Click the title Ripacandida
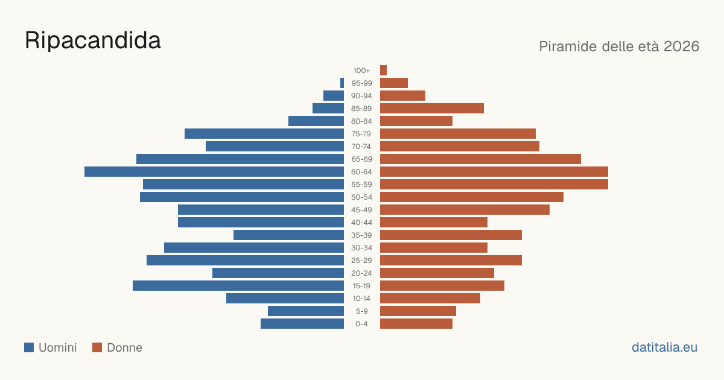pos(93,40)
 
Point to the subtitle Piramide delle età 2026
pos(619,46)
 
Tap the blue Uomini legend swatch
pos(29,347)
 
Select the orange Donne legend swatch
pos(97,347)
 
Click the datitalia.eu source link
pos(664,347)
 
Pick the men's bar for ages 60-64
pos(214,171)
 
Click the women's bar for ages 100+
pos(383,70)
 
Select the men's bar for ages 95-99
pos(342,83)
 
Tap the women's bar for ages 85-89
pos(432,108)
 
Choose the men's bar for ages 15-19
pos(238,286)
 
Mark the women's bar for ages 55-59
pos(494,184)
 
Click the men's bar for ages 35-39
pos(288,235)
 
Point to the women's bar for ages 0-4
pos(416,323)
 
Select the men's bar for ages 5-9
pos(306,311)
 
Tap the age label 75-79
pos(361,134)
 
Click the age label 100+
pos(361,71)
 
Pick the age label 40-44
pos(361,223)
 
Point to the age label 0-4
pos(361,324)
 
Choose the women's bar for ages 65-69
pos(480,159)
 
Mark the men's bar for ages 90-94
pos(334,96)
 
